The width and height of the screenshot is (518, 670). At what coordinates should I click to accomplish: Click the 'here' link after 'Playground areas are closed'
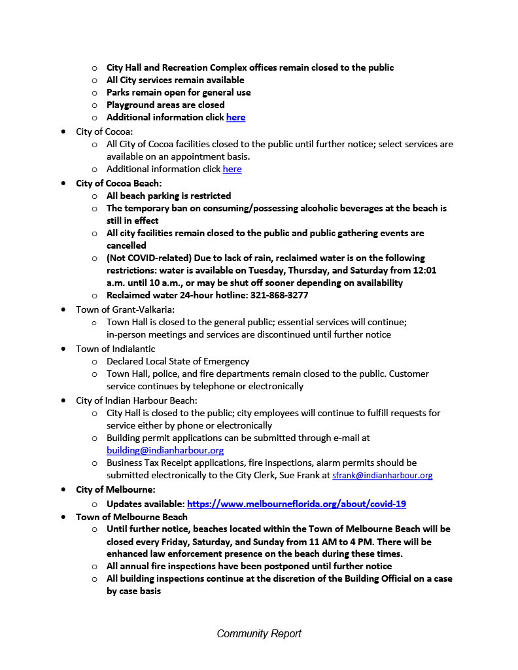pyautogui.click(x=235, y=118)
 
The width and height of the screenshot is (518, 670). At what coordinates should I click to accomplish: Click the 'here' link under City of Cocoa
pyautogui.click(x=232, y=169)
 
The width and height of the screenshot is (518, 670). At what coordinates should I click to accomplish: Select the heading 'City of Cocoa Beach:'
pyautogui.click(x=118, y=183)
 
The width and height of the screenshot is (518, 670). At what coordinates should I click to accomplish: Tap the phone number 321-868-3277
pyautogui.click(x=279, y=296)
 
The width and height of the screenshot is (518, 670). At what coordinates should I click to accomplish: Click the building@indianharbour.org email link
pyautogui.click(x=165, y=450)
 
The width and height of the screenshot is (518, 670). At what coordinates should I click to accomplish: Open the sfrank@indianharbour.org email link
pyautogui.click(x=382, y=476)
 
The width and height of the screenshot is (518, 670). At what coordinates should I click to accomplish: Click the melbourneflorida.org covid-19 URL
pyautogui.click(x=296, y=504)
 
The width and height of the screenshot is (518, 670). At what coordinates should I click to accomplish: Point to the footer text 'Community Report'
pyautogui.click(x=259, y=633)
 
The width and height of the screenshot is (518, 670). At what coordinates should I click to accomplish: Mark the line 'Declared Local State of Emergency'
pyautogui.click(x=178, y=361)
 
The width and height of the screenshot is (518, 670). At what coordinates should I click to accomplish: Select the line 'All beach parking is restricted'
pyautogui.click(x=169, y=196)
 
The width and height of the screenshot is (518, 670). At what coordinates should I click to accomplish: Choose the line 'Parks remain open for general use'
pyautogui.click(x=179, y=93)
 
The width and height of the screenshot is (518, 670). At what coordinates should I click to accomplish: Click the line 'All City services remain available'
pyautogui.click(x=175, y=80)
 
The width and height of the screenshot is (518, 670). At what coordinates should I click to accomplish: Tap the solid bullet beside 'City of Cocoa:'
pyautogui.click(x=63, y=132)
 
